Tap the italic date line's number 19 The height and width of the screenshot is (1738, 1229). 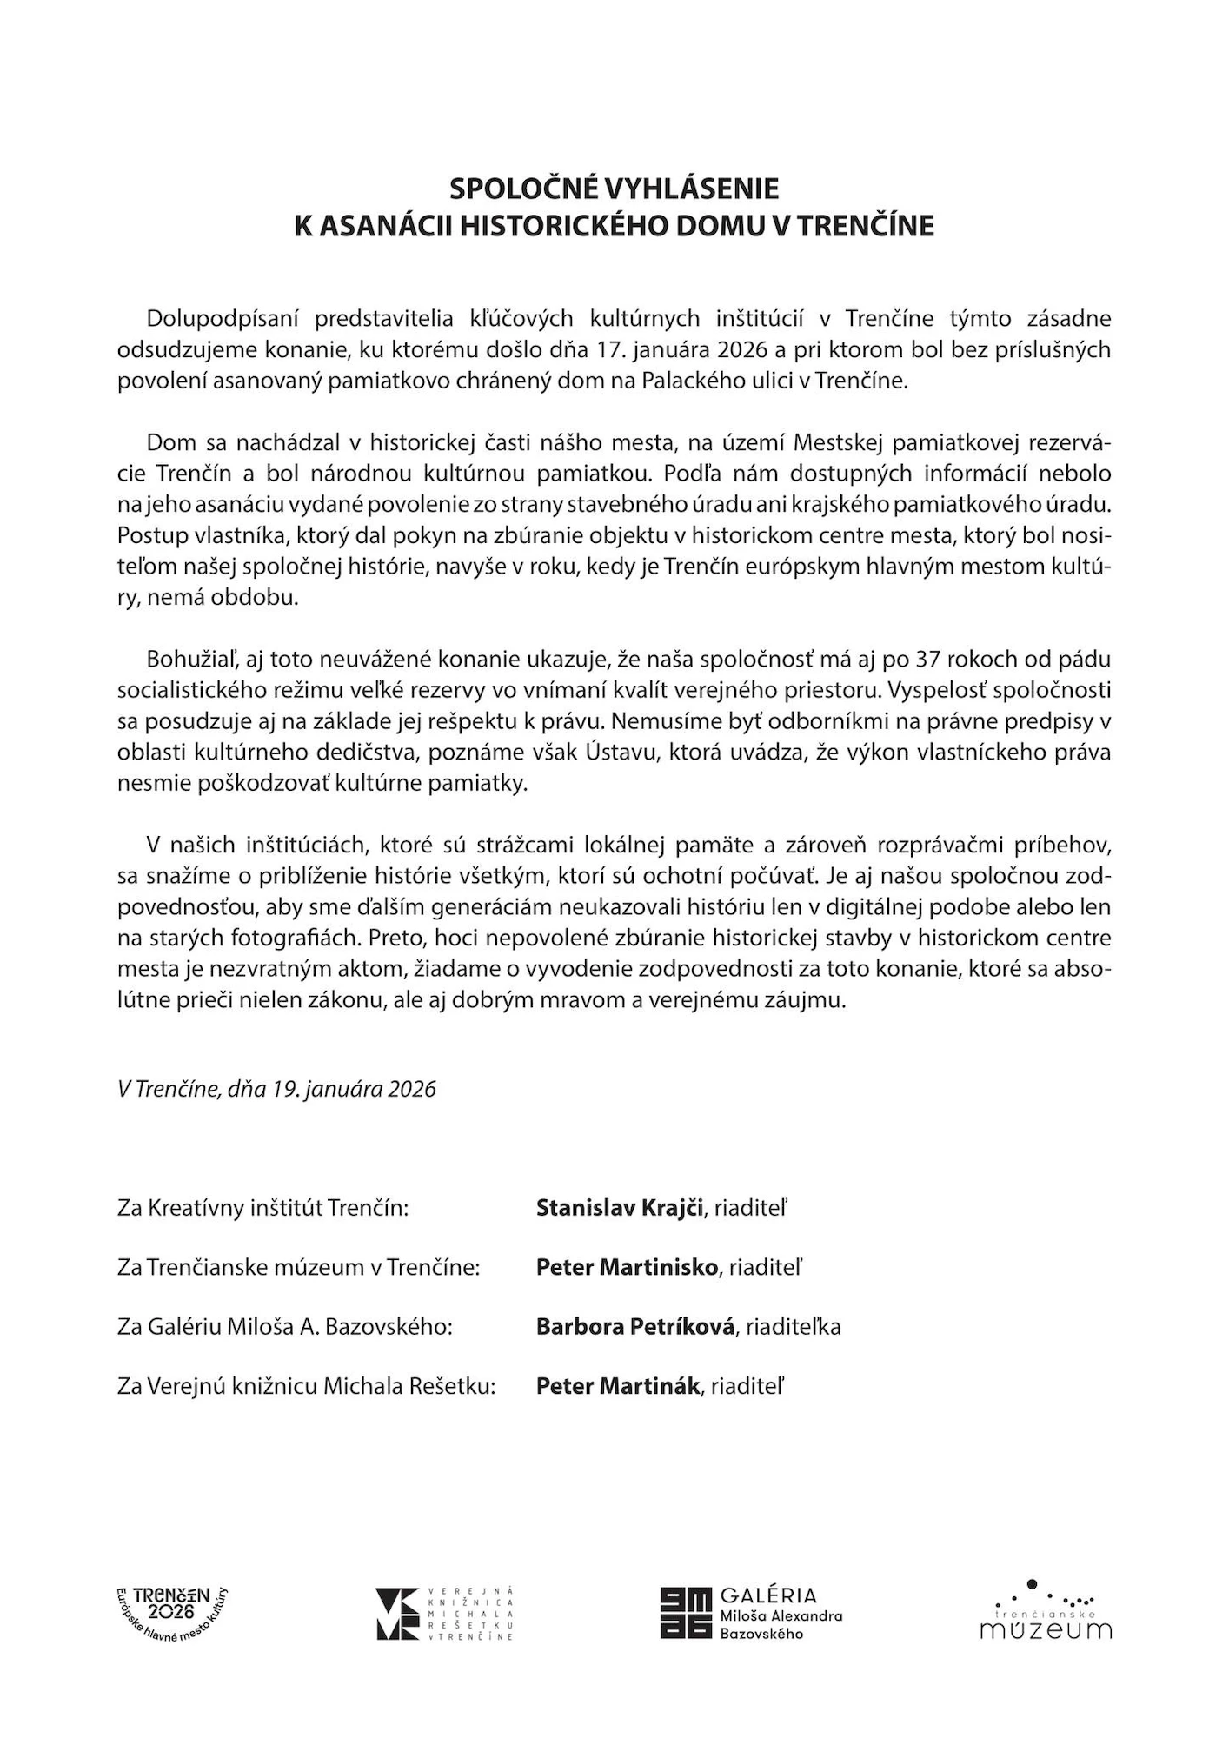coord(285,1089)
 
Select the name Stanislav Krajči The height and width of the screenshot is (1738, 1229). coord(619,1208)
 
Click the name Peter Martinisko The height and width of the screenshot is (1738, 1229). coord(627,1267)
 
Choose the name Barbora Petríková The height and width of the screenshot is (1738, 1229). coord(635,1327)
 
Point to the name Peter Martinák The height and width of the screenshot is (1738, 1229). coord(617,1386)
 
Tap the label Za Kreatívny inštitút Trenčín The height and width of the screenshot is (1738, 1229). coord(263,1208)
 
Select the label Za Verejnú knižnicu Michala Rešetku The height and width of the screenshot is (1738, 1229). coord(306,1386)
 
